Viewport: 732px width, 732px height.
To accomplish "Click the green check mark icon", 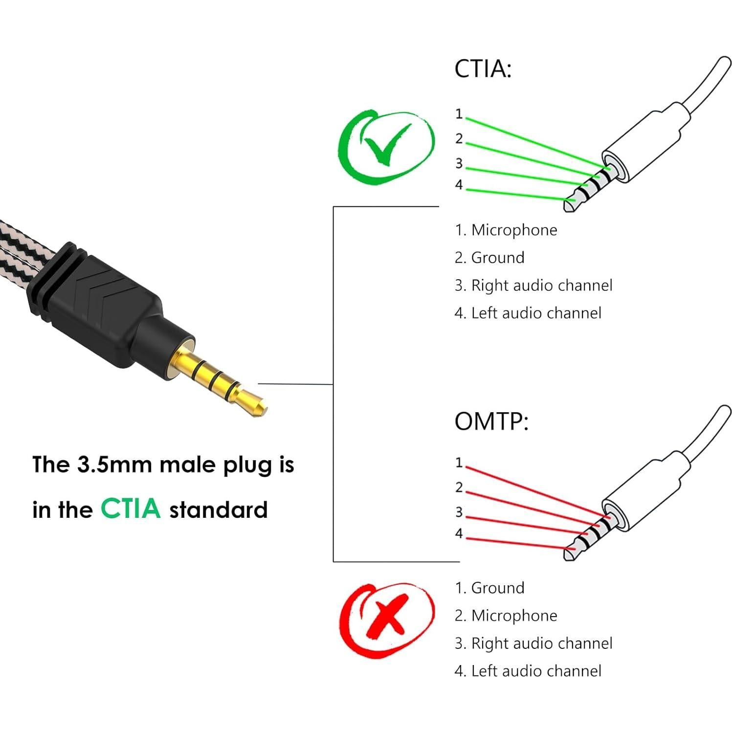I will (x=386, y=144).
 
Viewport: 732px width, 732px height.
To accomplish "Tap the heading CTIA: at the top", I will (x=483, y=69).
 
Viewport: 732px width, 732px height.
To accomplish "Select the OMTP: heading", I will (x=491, y=421).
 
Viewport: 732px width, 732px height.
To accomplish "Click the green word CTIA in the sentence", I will (x=131, y=509).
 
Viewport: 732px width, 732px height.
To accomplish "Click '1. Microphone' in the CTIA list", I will (x=506, y=230).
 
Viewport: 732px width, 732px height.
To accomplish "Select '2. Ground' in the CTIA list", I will (x=489, y=258).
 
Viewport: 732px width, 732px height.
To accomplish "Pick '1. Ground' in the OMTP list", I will (x=489, y=588).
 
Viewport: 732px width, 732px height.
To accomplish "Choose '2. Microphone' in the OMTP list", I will (x=506, y=616).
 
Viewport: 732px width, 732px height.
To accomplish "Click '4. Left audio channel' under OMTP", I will (x=528, y=671).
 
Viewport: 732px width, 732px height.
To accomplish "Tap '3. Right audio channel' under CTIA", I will (x=533, y=286).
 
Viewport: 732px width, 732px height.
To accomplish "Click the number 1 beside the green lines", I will (x=459, y=114).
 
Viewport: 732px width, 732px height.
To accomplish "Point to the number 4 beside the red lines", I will (x=459, y=533).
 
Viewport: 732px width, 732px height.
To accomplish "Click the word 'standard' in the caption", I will (x=218, y=510).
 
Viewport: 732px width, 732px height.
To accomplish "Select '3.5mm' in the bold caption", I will (x=114, y=464).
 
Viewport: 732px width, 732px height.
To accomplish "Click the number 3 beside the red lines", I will (x=459, y=512).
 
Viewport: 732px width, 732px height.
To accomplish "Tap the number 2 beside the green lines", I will (x=459, y=139).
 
